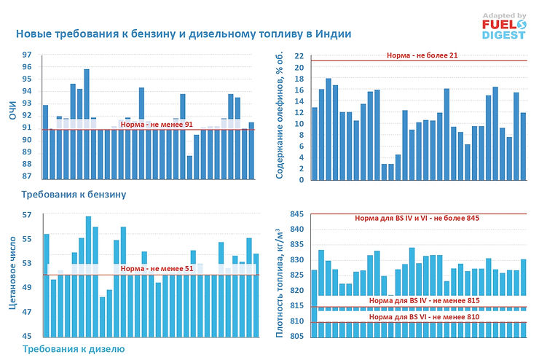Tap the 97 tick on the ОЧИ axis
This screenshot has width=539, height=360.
coord(27,55)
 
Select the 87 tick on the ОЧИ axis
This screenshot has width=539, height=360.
coord(27,176)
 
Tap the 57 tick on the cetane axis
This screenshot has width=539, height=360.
coord(27,215)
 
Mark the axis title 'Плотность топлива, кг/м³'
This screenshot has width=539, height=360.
coord(278,281)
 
